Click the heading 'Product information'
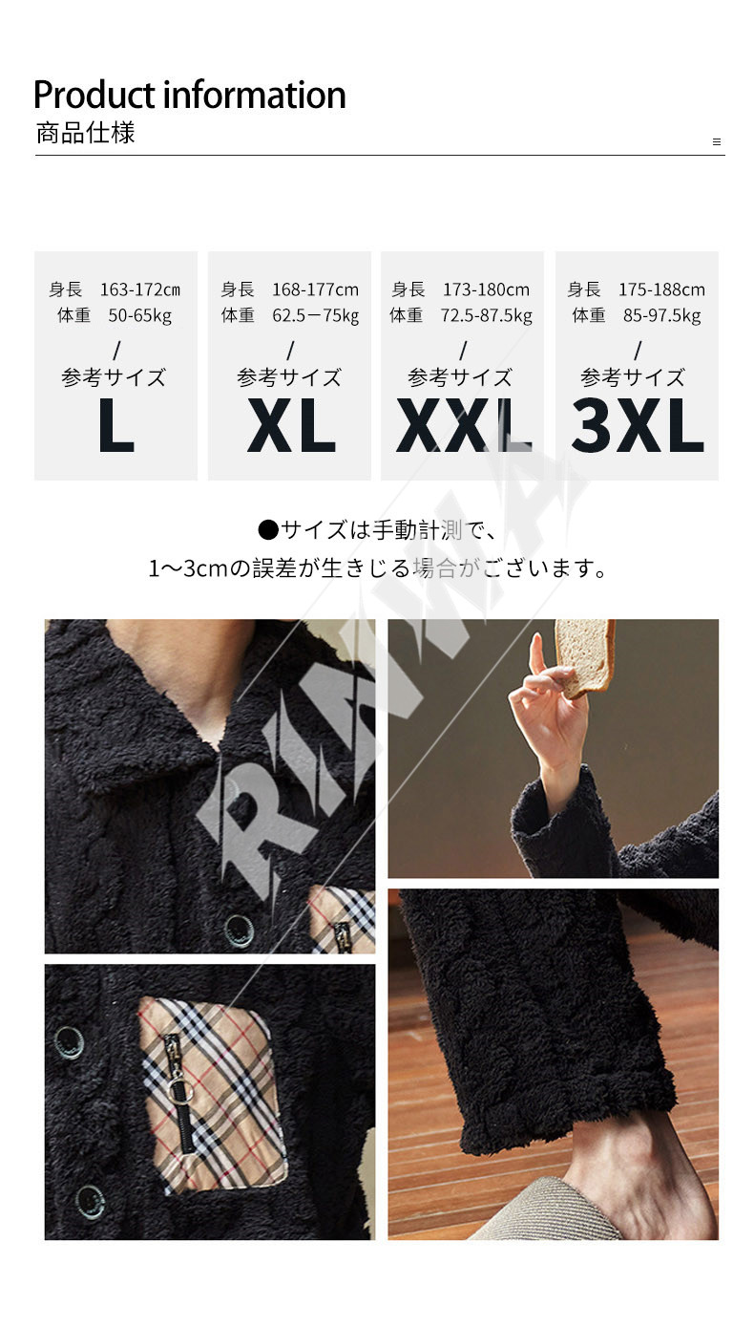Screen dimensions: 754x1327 [189, 95]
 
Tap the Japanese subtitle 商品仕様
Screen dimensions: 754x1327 [86, 133]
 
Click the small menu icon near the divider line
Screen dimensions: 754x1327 [717, 142]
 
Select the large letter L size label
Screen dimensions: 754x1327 [116, 425]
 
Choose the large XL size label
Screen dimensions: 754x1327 [291, 425]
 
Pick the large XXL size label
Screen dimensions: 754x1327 [464, 425]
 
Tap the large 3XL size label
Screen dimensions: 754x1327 [638, 425]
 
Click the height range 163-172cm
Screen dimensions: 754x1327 [140, 289]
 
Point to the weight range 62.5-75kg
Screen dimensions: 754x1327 [316, 316]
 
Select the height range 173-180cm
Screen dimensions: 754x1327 [487, 289]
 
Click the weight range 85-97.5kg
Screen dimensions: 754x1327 [661, 316]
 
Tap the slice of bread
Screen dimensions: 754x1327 [583, 656]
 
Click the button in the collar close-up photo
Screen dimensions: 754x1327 [239, 929]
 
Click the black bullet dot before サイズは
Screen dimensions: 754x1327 [268, 530]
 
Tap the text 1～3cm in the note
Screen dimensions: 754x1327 [188, 568]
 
